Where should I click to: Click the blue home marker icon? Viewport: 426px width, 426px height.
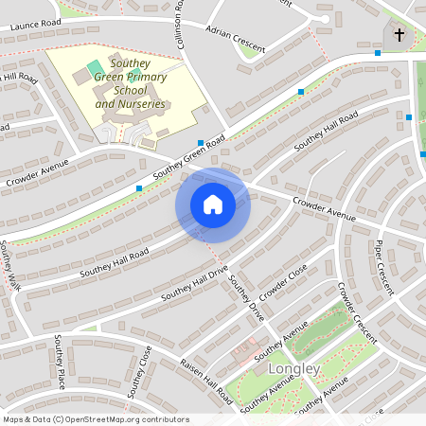pos(213,204)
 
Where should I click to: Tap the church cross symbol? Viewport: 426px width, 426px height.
pos(399,36)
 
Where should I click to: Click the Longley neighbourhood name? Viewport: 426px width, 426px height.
pos(295,369)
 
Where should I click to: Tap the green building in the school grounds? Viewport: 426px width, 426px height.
pos(94,68)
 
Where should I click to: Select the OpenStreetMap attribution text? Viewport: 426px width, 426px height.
pos(96,419)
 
